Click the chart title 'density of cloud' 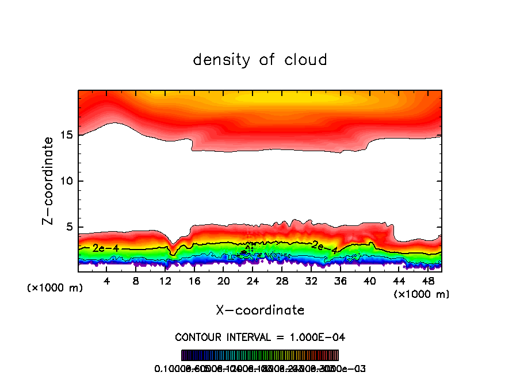click(x=260, y=60)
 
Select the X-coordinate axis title click(x=260, y=310)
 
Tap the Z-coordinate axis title click(x=50, y=181)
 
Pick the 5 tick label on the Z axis click(x=68, y=227)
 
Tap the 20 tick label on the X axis click(x=224, y=281)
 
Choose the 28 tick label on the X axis click(x=282, y=281)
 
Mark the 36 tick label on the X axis click(x=341, y=281)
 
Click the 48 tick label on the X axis click(x=427, y=281)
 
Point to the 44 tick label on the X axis click(x=399, y=281)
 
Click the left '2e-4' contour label click(x=102, y=248)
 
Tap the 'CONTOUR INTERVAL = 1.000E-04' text click(x=260, y=337)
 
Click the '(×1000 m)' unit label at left click(x=55, y=288)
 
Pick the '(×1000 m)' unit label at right click(x=422, y=294)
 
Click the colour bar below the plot click(x=260, y=355)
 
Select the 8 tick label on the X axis click(x=136, y=281)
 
